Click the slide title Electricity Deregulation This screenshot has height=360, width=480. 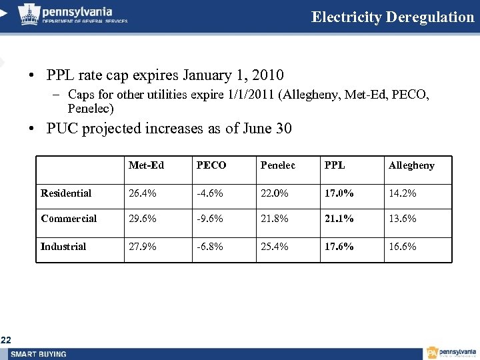point(392,17)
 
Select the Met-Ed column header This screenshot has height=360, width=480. point(146,165)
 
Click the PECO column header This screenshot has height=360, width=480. point(211,165)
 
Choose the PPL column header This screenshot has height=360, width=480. point(334,165)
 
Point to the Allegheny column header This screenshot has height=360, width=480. point(411,165)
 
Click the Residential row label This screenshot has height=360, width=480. point(66,193)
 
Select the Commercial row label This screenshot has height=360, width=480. point(69,219)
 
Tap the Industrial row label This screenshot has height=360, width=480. point(63,247)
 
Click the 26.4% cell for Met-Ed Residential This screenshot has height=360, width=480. point(143,193)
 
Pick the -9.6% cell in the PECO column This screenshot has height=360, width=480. point(209,219)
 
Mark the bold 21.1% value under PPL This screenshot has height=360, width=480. point(339,219)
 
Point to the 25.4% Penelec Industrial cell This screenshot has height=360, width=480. point(274,247)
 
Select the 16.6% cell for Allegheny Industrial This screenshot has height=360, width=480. point(402,247)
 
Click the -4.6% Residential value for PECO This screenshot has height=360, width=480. point(209,193)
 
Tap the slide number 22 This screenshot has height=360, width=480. point(6,341)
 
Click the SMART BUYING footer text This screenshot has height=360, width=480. point(39,353)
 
